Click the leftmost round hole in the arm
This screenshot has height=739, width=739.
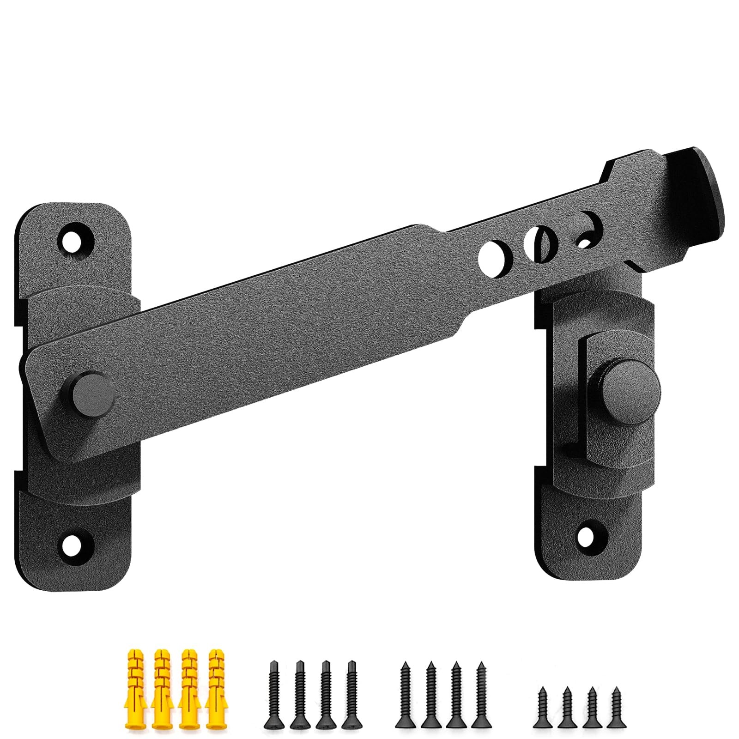point(493,252)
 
